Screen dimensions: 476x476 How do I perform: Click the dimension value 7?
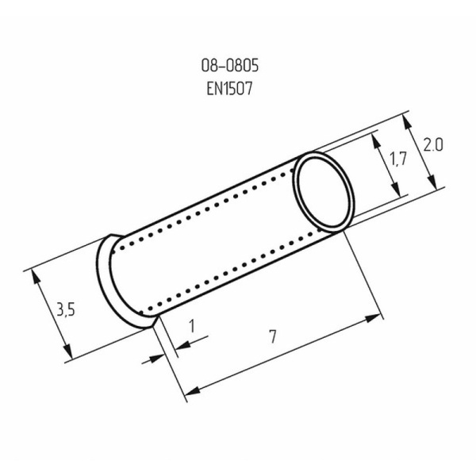point(273,336)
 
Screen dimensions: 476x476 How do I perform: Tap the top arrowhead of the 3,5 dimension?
point(35,274)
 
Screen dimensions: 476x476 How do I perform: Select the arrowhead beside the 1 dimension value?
point(176,345)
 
